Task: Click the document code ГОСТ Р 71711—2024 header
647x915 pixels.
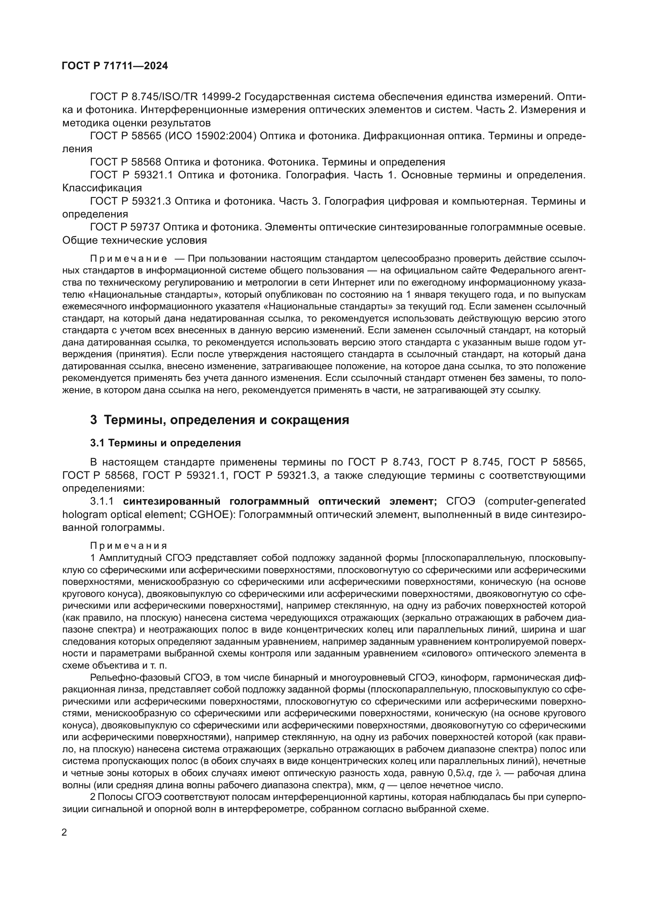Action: click(115, 66)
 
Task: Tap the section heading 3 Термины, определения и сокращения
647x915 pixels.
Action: click(219, 420)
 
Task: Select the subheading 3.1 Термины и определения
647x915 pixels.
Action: click(165, 443)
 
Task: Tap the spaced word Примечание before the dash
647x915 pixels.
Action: click(128, 259)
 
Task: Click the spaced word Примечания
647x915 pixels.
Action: click(129, 546)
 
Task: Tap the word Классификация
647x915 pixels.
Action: click(102, 188)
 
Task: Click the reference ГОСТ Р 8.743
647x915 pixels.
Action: click(384, 462)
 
